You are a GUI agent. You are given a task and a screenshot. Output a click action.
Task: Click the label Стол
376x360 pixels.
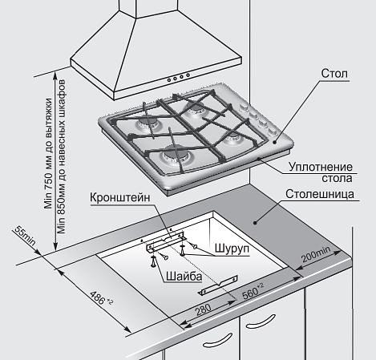pos(334,73)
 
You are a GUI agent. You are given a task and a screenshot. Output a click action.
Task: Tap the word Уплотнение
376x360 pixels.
pos(321,168)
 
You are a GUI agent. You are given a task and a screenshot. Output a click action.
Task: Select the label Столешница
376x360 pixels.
pos(320,194)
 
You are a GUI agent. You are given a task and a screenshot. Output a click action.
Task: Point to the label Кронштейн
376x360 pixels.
pos(120,198)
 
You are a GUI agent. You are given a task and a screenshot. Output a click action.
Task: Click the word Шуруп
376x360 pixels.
pos(232,249)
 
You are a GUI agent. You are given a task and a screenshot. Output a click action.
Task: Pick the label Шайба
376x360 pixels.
pos(184,276)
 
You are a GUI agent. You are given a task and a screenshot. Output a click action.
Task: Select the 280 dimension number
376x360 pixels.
pos(204,310)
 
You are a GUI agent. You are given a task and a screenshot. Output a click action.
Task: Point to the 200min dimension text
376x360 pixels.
pos(316,254)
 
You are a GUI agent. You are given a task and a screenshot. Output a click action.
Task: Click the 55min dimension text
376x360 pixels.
pos(25,236)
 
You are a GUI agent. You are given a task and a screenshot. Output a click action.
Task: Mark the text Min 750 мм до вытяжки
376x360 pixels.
pos(49,153)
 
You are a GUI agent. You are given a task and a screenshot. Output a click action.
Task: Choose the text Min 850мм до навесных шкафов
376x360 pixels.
pos(62,156)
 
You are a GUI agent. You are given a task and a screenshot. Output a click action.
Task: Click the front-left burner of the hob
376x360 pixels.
pos(174,156)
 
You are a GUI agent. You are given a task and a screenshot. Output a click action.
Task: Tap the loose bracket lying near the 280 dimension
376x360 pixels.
pos(217,285)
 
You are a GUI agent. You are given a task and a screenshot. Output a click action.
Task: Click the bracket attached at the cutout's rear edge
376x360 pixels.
pos(166,242)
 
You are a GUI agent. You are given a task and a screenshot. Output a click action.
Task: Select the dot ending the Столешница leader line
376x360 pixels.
pos(255,222)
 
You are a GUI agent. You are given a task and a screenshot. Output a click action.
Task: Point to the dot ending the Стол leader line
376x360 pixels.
pos(274,142)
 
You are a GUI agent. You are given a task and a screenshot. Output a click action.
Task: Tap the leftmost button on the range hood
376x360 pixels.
pos(169,79)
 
